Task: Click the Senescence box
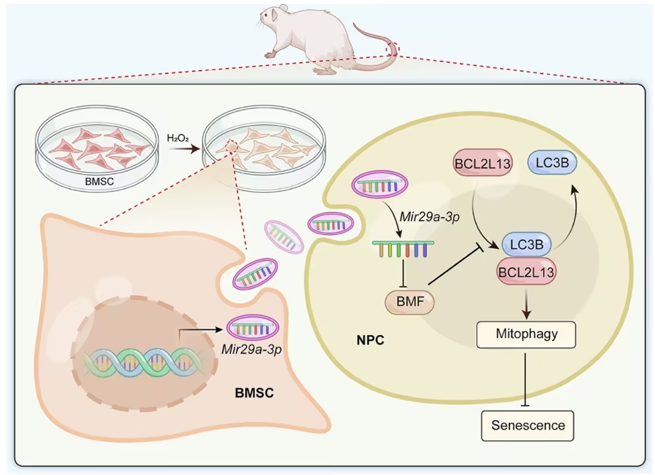pyautogui.click(x=527, y=426)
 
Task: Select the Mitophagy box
pyautogui.click(x=527, y=334)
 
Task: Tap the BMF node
pyautogui.click(x=409, y=302)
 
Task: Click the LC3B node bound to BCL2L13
pyautogui.click(x=527, y=244)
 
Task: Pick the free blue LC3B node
pyautogui.click(x=552, y=162)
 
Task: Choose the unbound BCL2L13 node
pyautogui.click(x=483, y=163)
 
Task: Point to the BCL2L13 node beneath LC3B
pyautogui.click(x=527, y=272)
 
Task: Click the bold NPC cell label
pyautogui.click(x=370, y=340)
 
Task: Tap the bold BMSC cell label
pyautogui.click(x=254, y=393)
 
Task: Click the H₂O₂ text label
pyautogui.click(x=178, y=138)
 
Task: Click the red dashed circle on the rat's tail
pyautogui.click(x=392, y=49)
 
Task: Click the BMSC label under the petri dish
pyautogui.click(x=99, y=182)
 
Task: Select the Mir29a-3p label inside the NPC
pyautogui.click(x=430, y=217)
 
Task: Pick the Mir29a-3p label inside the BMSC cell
pyautogui.click(x=251, y=349)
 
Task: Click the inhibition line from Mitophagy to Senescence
pyautogui.click(x=525, y=379)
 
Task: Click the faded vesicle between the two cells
pyautogui.click(x=284, y=237)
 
